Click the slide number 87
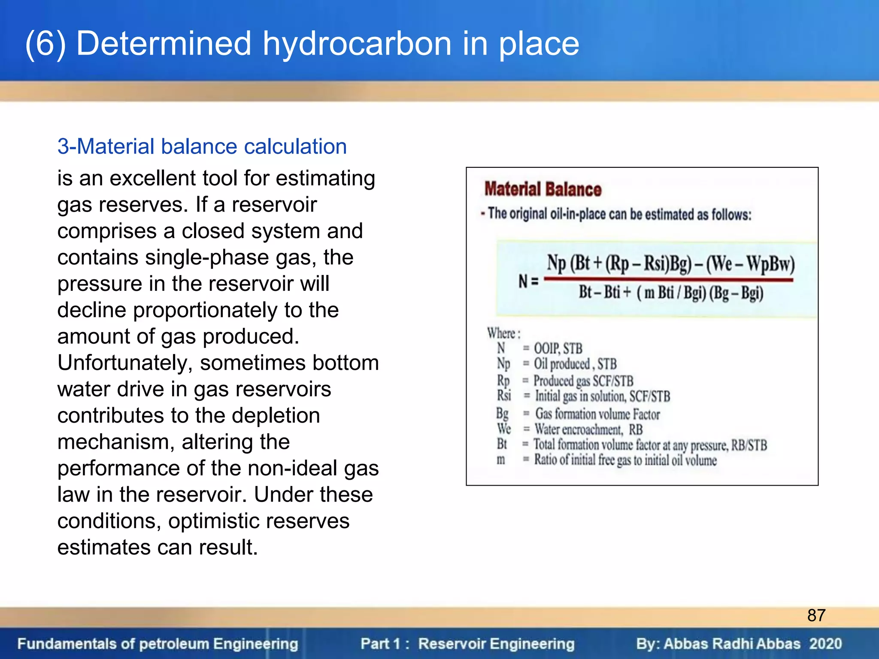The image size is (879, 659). (x=816, y=615)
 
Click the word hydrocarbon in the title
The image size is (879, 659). (x=357, y=44)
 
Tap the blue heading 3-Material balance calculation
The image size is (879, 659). (x=202, y=146)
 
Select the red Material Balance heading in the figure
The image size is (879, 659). (x=543, y=189)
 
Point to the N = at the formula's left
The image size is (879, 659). (x=528, y=281)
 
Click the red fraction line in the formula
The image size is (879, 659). (x=668, y=280)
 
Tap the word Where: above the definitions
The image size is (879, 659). (x=503, y=333)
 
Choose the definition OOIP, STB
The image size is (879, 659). (x=558, y=348)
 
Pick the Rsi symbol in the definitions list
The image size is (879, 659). (x=504, y=395)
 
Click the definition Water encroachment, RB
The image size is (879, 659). (x=588, y=429)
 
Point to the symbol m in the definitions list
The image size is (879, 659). (x=501, y=459)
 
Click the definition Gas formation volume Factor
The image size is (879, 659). (x=597, y=414)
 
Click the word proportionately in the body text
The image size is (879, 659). (x=206, y=310)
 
